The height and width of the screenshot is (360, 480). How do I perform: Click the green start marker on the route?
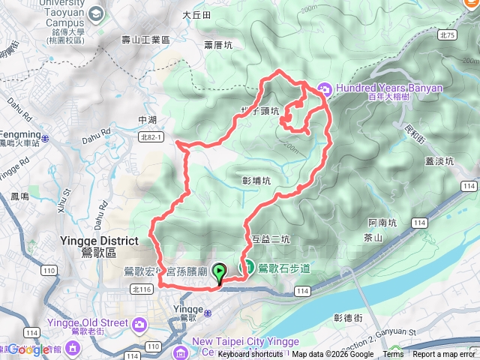pyautogui.click(x=219, y=273)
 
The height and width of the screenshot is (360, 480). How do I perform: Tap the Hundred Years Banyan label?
pyautogui.click(x=389, y=88)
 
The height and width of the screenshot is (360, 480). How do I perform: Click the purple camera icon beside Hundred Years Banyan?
pyautogui.click(x=325, y=88)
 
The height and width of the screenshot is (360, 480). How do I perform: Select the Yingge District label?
pyautogui.click(x=98, y=246)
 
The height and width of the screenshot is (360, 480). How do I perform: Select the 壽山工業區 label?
pyautogui.click(x=146, y=39)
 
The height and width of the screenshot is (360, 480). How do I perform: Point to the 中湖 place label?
pyautogui.click(x=148, y=120)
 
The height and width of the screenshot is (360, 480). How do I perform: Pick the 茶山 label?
pyautogui.click(x=373, y=238)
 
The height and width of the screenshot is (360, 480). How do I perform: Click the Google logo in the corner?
pyautogui.click(x=28, y=349)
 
